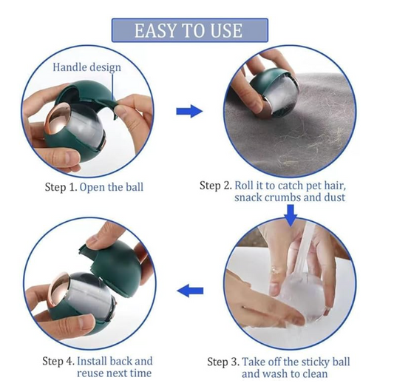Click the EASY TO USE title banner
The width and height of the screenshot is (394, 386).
tap(190, 30)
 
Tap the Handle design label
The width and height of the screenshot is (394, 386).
tap(86, 67)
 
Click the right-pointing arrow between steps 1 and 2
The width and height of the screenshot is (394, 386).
tap(189, 111)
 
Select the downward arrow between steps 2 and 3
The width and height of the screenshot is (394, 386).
tap(291, 215)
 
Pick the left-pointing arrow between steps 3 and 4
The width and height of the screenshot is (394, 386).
tap(190, 291)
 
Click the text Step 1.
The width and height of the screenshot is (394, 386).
tap(61, 187)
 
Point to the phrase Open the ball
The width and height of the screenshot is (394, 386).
tap(112, 187)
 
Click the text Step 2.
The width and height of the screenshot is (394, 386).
tap(216, 186)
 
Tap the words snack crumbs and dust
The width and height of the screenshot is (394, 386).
tap(290, 197)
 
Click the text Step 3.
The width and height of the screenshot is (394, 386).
tap(223, 362)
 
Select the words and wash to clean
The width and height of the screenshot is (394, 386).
tap(285, 373)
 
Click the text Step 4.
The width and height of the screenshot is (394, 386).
tap(58, 361)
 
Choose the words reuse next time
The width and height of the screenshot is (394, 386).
tap(115, 373)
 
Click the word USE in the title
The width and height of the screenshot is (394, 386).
tap(226, 30)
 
